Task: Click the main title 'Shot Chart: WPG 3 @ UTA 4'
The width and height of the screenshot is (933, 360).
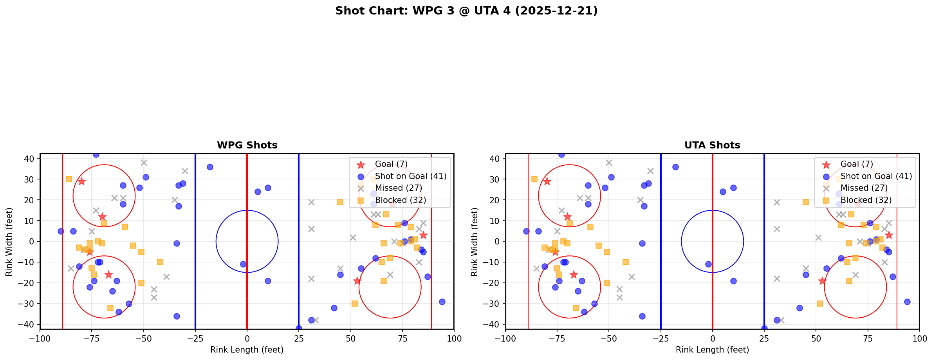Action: pos(466,11)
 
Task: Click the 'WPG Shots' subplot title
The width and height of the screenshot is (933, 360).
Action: pos(247,145)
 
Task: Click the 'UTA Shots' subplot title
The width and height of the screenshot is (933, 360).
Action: pos(712,145)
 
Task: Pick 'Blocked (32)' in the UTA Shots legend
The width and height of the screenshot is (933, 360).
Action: pos(866,200)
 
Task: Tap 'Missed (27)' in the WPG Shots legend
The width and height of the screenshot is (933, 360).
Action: pos(398,188)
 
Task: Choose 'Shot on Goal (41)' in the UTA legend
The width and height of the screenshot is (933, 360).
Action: pos(876,176)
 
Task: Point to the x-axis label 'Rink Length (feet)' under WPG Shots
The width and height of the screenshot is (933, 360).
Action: pos(247,350)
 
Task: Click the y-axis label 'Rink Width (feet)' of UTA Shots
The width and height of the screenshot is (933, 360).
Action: pos(474,242)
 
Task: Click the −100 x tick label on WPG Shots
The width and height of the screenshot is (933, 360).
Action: pos(40,338)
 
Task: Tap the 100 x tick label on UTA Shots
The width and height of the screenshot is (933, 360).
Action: pos(919,338)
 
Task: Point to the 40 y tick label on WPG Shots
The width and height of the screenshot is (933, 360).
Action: pos(30,159)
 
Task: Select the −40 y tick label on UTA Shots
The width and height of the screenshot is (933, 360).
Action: pos(493,324)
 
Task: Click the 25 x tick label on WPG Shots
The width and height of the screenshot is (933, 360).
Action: pos(299,338)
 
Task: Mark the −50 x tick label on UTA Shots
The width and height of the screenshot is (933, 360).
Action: pos(609,338)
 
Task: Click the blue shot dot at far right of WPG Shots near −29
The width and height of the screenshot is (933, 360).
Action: pos(442,302)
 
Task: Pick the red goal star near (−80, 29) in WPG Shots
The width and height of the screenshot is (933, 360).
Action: pos(81,181)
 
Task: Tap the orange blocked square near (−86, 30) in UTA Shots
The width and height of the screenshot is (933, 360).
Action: pos(534,179)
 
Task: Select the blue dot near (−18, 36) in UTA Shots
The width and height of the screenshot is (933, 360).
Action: pos(675,167)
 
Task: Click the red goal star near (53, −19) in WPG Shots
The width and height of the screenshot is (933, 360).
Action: pos(357,281)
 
